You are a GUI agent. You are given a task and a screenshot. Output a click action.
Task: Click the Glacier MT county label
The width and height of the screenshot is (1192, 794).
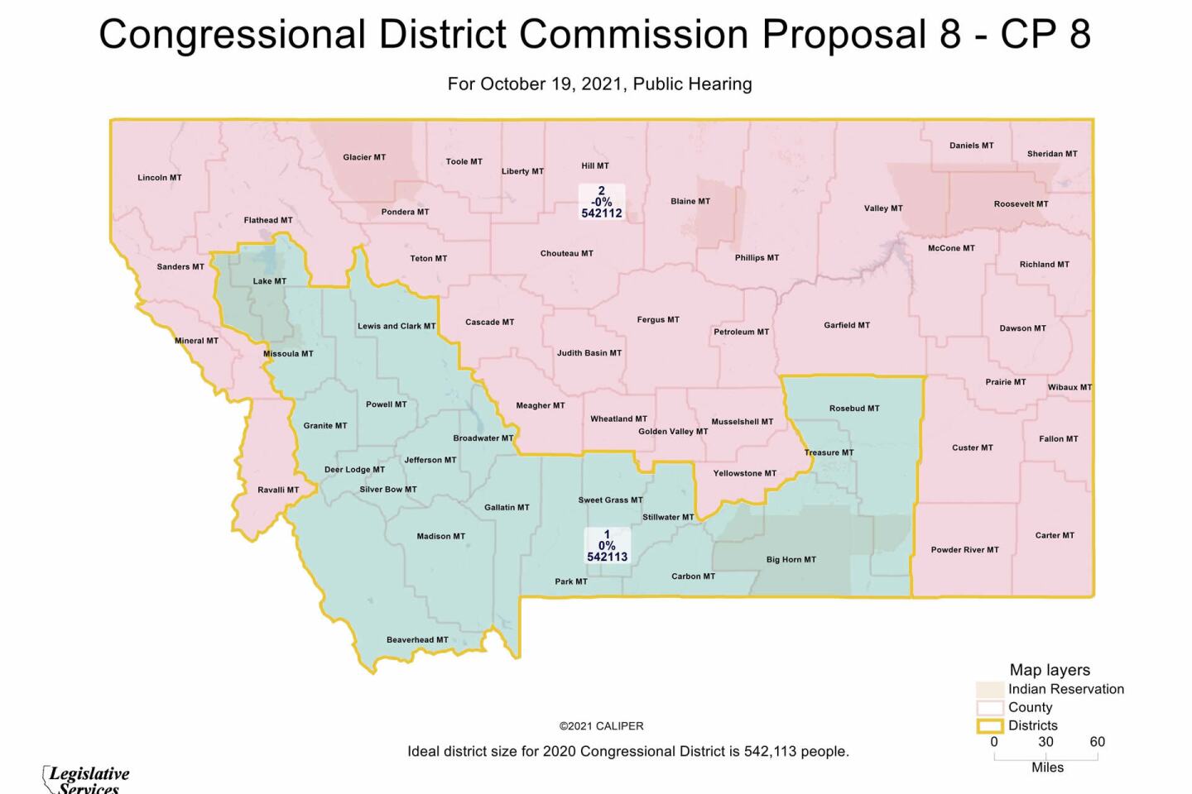(x=364, y=157)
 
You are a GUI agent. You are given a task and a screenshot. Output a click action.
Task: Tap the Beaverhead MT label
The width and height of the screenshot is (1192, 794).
(x=417, y=639)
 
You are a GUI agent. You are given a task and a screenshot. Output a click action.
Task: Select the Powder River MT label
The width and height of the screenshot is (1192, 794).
(x=964, y=549)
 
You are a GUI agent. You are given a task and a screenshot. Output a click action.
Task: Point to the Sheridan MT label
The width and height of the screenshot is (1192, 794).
(x=1052, y=154)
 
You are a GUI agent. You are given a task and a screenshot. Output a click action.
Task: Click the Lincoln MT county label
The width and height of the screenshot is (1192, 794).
(x=159, y=178)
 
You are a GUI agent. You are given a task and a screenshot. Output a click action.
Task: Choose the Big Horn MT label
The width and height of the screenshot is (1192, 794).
(x=791, y=560)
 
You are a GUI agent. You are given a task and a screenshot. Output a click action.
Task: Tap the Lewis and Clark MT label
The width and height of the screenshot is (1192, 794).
(x=397, y=326)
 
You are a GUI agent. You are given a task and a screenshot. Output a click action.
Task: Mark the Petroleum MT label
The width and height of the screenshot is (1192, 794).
(x=741, y=332)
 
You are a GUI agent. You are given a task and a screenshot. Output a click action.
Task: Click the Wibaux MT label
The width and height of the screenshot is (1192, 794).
(x=1069, y=387)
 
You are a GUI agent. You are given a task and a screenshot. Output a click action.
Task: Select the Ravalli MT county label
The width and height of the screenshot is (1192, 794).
(x=278, y=490)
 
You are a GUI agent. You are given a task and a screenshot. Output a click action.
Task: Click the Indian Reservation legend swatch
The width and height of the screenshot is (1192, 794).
(x=990, y=690)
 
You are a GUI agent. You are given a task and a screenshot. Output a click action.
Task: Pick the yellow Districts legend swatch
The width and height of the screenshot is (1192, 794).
(x=990, y=726)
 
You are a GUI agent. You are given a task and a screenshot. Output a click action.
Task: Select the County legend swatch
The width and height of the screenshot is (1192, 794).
(x=990, y=708)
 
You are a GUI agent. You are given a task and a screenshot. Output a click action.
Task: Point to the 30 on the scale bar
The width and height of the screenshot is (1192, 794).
(x=1045, y=742)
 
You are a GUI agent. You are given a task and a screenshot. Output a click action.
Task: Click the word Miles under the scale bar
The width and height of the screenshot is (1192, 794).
(x=1047, y=768)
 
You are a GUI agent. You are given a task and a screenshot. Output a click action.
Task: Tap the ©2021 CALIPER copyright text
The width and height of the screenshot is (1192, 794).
(x=601, y=726)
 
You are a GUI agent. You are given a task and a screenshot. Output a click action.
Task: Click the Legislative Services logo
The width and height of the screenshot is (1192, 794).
(x=86, y=778)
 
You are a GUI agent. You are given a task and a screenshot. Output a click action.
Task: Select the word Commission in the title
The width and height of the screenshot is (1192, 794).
(x=633, y=35)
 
